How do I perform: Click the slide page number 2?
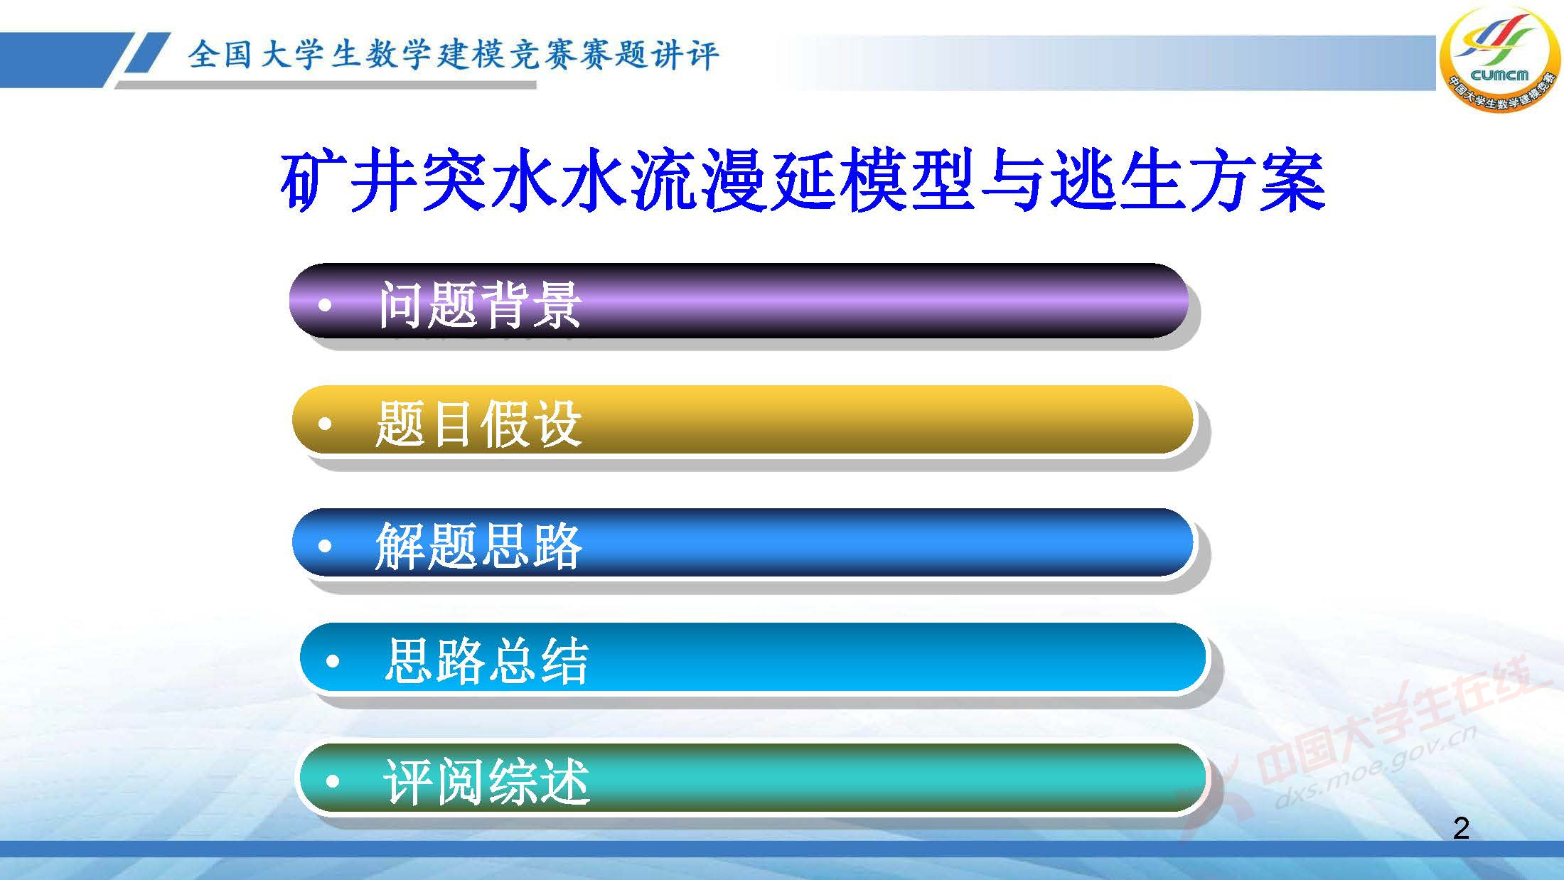(x=1461, y=828)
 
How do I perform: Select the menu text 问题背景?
(x=480, y=304)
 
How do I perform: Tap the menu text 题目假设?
(x=478, y=424)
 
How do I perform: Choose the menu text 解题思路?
(x=478, y=546)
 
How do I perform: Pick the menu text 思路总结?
(x=486, y=661)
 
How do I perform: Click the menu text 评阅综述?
(x=486, y=782)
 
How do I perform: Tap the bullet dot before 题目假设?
(x=325, y=424)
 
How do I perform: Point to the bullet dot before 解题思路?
(x=325, y=546)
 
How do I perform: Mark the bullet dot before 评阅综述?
(x=333, y=782)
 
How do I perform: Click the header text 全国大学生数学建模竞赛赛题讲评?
(x=454, y=55)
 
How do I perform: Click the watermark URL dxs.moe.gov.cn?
(x=1376, y=768)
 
